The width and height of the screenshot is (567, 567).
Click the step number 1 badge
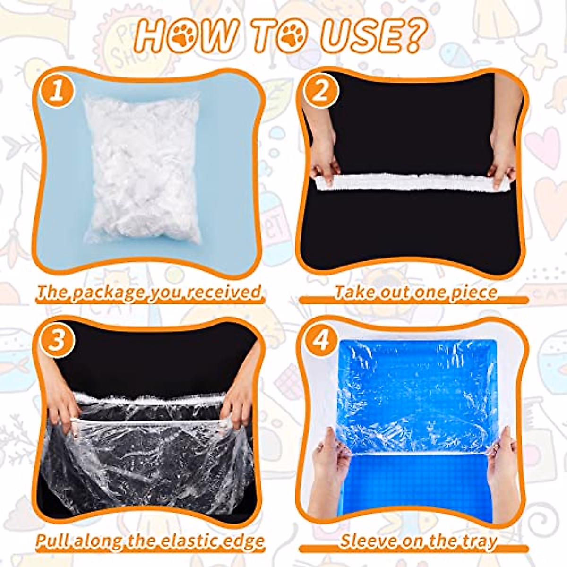click(x=56, y=91)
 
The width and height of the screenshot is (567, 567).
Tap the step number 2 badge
click(x=321, y=91)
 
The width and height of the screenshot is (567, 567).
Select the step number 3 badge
click(x=56, y=340)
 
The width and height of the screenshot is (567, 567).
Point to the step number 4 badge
click(x=321, y=340)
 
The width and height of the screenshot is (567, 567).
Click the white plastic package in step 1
click(x=141, y=169)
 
